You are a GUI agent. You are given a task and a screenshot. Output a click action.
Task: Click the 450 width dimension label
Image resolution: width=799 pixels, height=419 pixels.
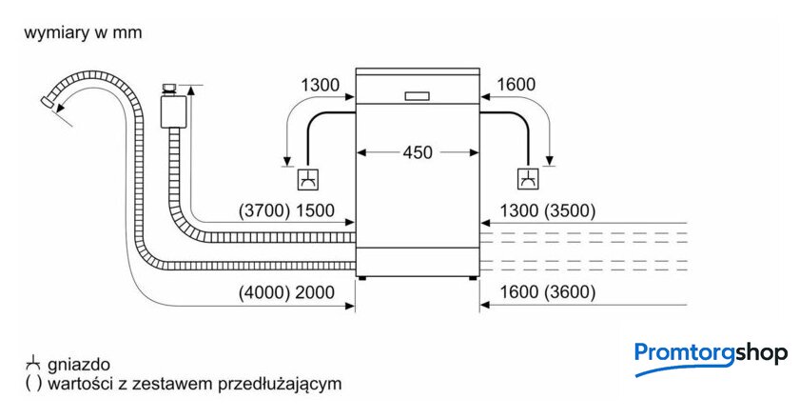(417, 151)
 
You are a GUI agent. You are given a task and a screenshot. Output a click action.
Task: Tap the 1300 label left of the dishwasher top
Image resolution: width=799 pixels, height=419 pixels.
(320, 85)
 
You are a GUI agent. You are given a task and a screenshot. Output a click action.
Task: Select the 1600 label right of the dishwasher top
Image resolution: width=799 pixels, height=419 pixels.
(516, 85)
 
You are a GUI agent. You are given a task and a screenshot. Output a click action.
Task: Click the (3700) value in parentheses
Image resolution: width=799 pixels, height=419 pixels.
(263, 211)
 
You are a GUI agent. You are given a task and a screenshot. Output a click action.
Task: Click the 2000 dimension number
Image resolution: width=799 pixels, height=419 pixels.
(316, 292)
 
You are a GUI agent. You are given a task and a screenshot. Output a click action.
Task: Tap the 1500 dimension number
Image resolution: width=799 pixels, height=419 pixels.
(316, 211)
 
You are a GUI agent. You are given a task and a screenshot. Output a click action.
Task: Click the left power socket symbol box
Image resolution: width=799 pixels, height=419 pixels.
(307, 177)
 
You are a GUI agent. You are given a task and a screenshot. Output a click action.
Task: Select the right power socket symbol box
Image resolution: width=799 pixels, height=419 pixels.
(527, 177)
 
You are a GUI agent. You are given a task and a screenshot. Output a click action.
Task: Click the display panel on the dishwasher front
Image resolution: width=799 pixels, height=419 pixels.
(416, 95)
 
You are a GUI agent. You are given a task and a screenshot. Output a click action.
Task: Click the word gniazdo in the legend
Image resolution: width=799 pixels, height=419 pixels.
(79, 364)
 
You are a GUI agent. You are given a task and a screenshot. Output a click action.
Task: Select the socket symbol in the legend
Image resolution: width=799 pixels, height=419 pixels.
(33, 363)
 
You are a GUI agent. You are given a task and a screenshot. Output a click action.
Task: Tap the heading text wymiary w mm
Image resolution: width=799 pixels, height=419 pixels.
(83, 33)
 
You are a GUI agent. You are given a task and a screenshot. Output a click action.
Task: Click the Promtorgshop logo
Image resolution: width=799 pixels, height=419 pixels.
(711, 355)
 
